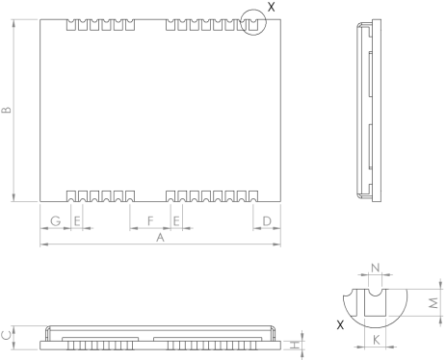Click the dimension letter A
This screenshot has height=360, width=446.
[161, 237]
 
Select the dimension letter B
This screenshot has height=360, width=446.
[8, 113]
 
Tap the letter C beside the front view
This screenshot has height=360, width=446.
[7, 335]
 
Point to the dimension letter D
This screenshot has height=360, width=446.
[266, 221]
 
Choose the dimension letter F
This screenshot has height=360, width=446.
[149, 221]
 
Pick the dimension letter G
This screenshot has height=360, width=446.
[55, 221]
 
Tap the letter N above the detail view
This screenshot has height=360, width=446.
[375, 267]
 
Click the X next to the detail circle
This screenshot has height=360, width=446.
[271, 7]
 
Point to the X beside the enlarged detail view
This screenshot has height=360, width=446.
[340, 326]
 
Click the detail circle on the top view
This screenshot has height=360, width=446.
[252, 21]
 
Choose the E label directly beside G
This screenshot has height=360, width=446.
[77, 221]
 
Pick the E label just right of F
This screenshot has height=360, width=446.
[177, 221]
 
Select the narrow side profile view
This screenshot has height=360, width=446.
[367, 113]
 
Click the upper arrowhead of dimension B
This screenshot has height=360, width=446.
[14, 24]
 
